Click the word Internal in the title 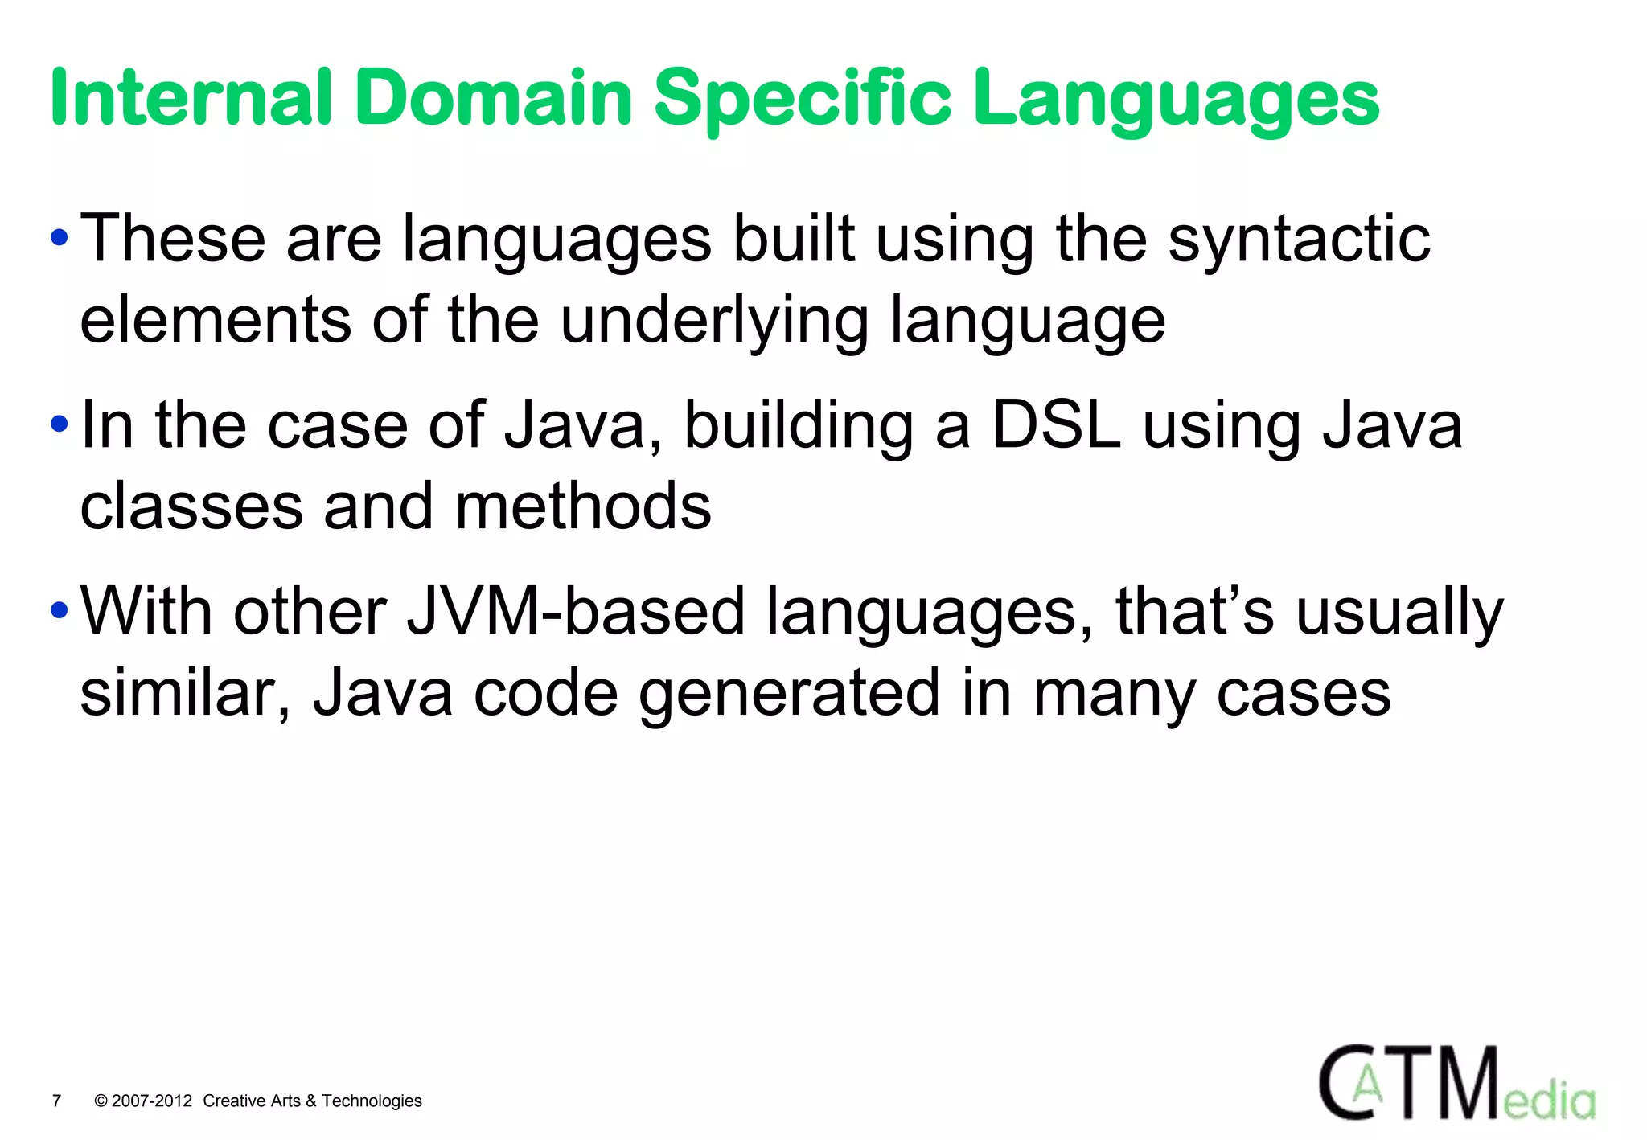click(191, 98)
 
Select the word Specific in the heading click(803, 98)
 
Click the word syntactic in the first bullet click(1299, 239)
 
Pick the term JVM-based click(576, 611)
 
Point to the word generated click(789, 693)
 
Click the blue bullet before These click(58, 238)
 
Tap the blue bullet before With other click(58, 611)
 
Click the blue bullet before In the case click(58, 424)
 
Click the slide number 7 click(56, 1101)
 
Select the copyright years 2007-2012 click(152, 1101)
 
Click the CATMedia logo click(1456, 1083)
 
